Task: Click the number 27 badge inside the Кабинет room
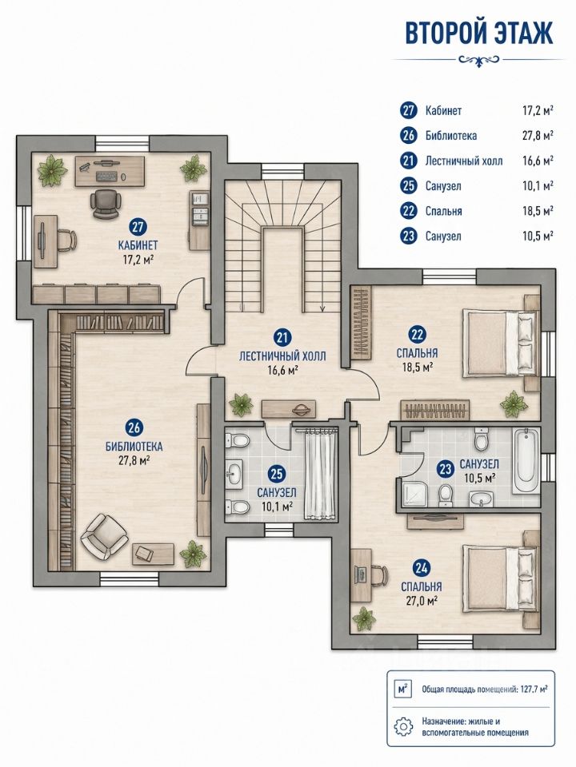pos(138,226)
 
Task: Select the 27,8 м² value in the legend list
pos(538,136)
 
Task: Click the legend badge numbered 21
pos(408,161)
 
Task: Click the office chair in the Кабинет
pos(106,204)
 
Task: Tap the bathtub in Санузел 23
pos(526,461)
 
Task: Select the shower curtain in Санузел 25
pos(320,474)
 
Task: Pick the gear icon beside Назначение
pos(403,726)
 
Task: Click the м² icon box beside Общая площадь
pos(403,690)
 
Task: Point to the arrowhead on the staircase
pos(322,308)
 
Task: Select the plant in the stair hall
pos(242,404)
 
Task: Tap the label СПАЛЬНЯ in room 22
pos(418,352)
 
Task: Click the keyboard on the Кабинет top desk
pos(106,176)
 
